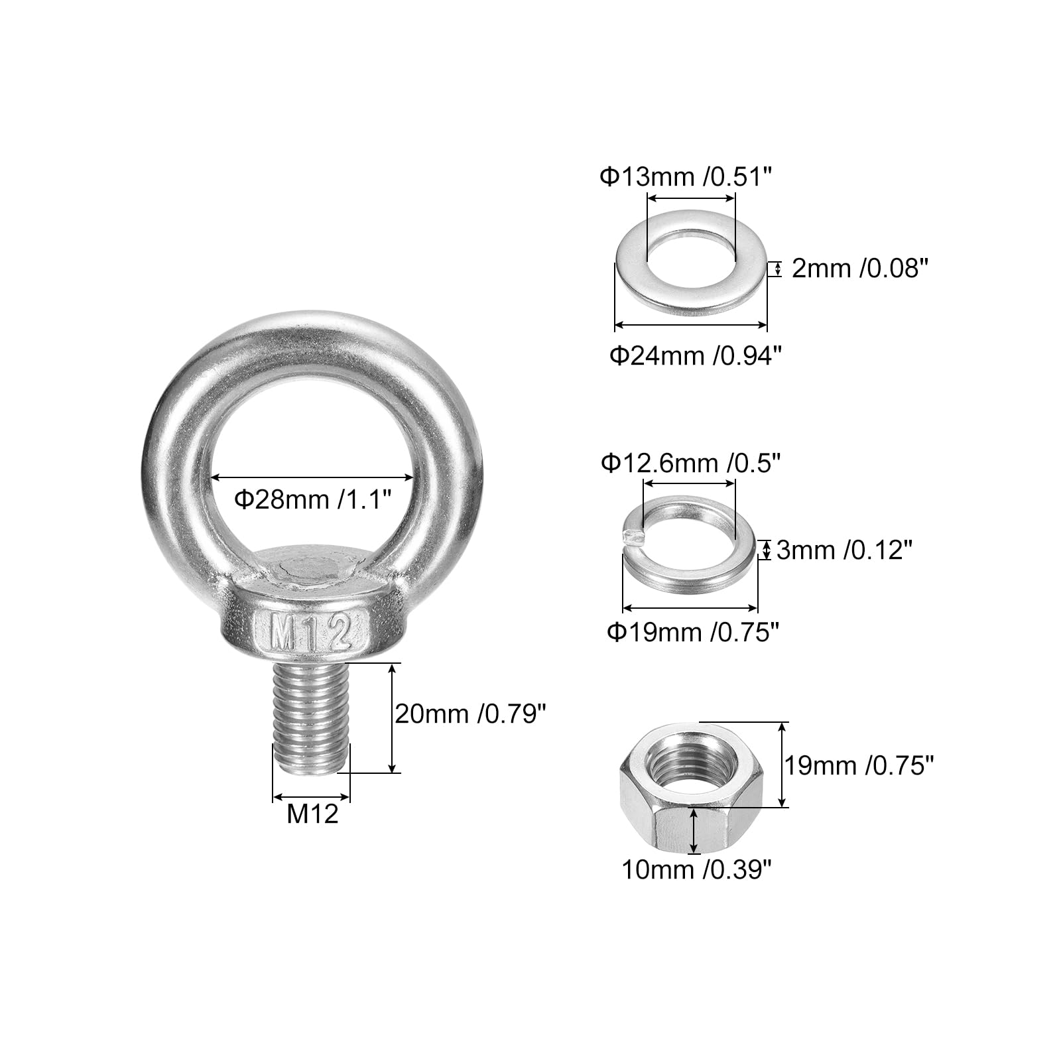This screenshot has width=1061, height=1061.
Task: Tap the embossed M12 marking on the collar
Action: pos(310,635)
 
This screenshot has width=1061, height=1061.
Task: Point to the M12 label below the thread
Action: pos(312,814)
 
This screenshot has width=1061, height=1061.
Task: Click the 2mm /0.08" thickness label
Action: pos(859,269)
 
